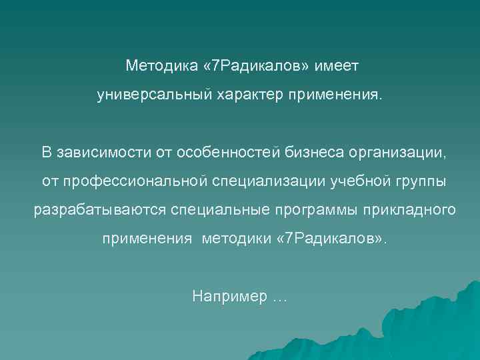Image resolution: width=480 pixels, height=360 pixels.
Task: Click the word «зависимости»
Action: (99, 153)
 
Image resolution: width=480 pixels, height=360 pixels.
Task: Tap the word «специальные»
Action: (219, 210)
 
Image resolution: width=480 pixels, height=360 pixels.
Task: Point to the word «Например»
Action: (228, 296)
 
